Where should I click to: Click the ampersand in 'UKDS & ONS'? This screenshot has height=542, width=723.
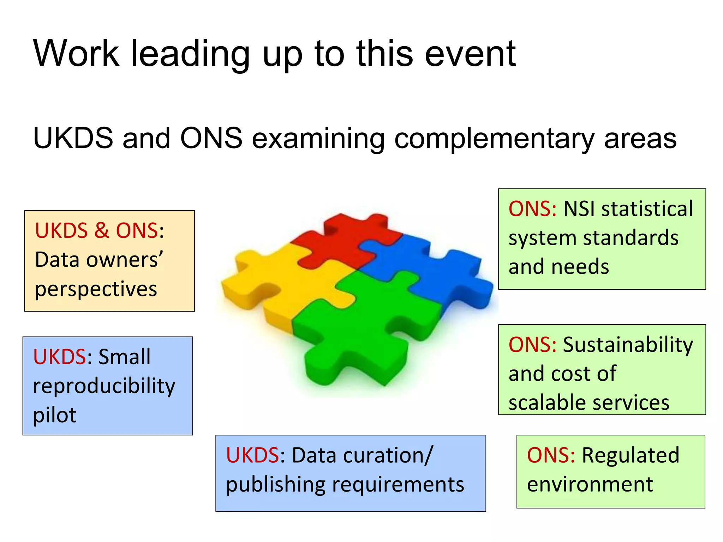pyautogui.click(x=102, y=231)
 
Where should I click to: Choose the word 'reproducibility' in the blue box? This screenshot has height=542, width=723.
pyautogui.click(x=104, y=386)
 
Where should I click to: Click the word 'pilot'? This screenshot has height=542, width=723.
pyautogui.click(x=54, y=415)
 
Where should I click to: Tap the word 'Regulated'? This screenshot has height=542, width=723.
pyautogui.click(x=631, y=456)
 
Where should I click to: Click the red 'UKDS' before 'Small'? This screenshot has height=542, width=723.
pyautogui.click(x=59, y=357)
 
